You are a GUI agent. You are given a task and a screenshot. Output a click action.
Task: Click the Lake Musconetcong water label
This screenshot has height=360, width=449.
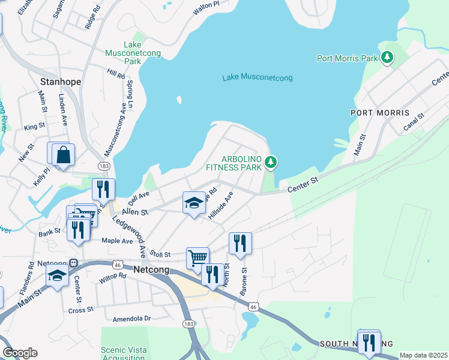[257, 78]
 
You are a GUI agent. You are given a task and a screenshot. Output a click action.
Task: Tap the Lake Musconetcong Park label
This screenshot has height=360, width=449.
[142, 53]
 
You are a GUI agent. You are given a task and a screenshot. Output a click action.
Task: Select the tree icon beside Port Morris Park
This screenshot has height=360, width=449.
[388, 58]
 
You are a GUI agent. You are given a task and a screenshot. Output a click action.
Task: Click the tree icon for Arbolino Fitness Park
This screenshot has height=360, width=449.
[271, 162]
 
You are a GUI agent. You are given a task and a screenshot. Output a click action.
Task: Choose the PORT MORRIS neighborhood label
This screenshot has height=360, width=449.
[380, 113]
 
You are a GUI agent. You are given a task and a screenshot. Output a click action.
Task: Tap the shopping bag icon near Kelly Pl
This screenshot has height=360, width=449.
[63, 155]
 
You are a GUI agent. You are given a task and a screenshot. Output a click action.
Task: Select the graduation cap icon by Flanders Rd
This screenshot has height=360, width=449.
[57, 275]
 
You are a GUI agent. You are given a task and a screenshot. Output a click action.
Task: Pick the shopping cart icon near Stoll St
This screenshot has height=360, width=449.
[197, 258]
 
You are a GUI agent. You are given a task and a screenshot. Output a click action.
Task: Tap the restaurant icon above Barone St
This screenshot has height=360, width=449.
[240, 243]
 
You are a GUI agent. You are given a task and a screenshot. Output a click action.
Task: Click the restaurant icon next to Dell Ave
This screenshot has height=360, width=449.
[103, 189]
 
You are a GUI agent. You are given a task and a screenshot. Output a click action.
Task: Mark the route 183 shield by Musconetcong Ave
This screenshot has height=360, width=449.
[104, 166]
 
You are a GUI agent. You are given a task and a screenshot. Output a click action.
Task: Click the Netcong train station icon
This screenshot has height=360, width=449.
[73, 263]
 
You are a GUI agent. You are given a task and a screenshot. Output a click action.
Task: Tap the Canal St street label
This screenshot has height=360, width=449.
[414, 122]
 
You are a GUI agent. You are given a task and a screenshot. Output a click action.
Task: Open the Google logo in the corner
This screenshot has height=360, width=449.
[20, 353]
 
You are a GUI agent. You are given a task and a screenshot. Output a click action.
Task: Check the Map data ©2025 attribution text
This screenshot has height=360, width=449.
[423, 355]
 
